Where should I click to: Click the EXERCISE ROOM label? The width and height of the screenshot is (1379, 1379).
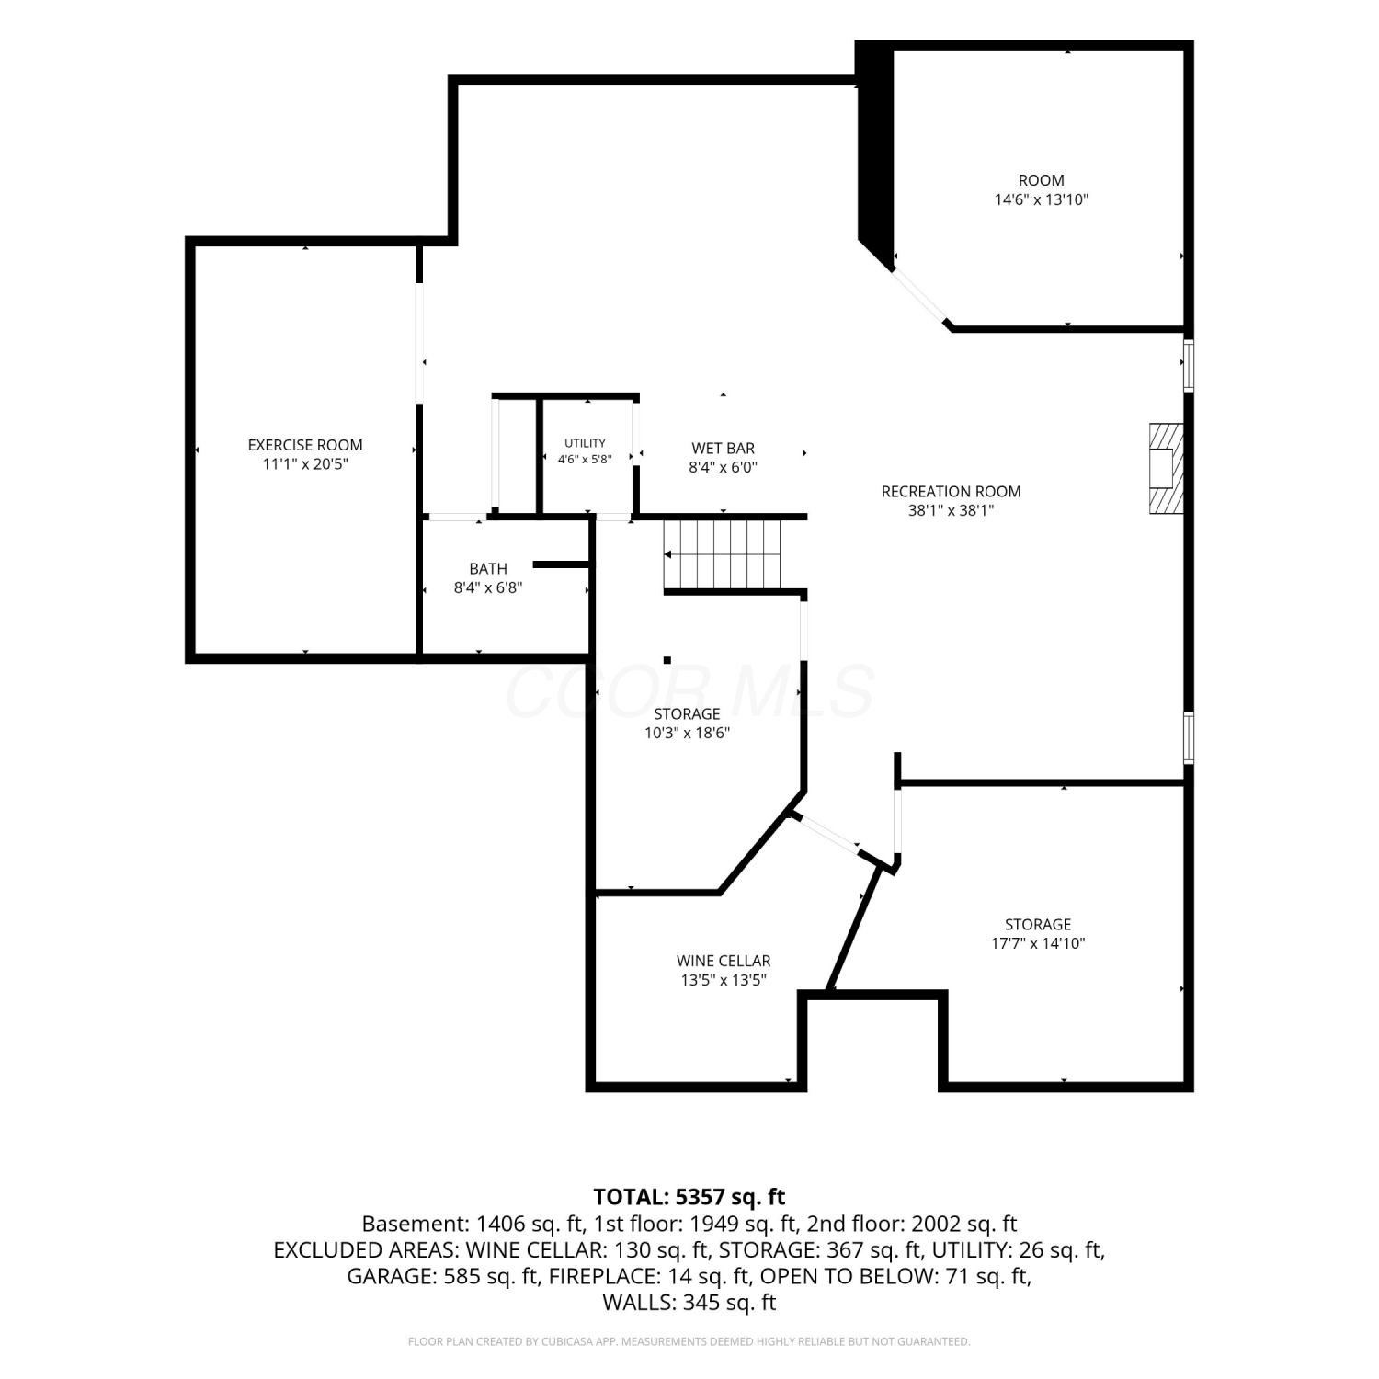(x=305, y=445)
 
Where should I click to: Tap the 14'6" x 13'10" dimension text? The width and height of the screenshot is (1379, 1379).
(x=1041, y=199)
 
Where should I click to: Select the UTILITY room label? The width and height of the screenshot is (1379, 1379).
(x=585, y=443)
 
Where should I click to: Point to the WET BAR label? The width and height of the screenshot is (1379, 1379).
(x=723, y=449)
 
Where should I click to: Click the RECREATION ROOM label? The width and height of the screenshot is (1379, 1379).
(x=951, y=492)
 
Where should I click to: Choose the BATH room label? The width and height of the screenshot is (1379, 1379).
(x=488, y=569)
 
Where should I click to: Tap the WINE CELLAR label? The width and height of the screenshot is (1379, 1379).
(x=724, y=962)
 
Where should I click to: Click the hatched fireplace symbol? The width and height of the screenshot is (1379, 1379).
(x=1166, y=468)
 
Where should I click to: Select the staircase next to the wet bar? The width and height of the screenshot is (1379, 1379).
(x=722, y=554)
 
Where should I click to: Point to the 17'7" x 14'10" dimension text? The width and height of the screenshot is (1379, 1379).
(x=1038, y=943)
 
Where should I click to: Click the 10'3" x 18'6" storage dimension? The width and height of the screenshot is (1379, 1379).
(x=687, y=734)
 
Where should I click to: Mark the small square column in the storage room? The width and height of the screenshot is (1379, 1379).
(x=667, y=660)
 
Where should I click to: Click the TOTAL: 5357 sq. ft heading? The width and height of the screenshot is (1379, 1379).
(x=689, y=1197)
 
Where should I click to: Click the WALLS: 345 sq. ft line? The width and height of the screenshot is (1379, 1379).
(x=689, y=1303)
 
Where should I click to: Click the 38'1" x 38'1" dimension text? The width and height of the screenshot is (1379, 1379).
(x=951, y=511)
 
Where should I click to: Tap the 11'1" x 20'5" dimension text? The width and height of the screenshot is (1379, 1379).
(x=305, y=464)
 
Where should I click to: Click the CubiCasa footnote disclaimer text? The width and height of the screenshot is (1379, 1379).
(x=689, y=1342)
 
